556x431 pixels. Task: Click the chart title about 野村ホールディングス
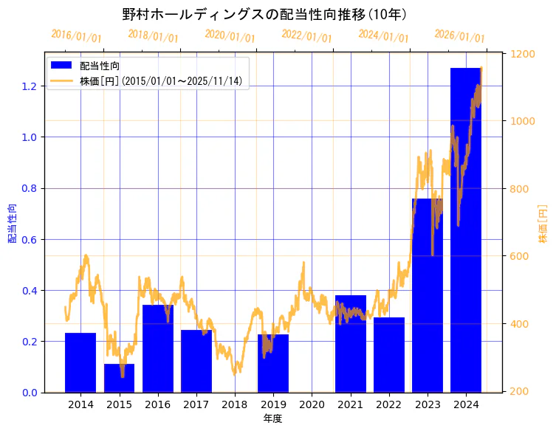264,14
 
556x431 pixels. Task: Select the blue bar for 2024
466,229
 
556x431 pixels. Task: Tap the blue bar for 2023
428,295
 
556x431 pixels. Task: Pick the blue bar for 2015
119,378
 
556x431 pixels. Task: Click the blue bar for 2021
350,343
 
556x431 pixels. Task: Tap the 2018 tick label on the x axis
235,404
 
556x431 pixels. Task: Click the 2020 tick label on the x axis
312,404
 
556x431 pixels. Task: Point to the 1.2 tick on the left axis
29,86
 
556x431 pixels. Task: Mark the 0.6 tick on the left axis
29,240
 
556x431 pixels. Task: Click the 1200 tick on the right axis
521,54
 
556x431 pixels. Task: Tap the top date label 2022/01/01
306,36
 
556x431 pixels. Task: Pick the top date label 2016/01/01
76,35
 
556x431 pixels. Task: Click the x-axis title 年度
272,418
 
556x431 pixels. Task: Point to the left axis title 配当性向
12,224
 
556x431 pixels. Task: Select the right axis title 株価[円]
543,224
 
